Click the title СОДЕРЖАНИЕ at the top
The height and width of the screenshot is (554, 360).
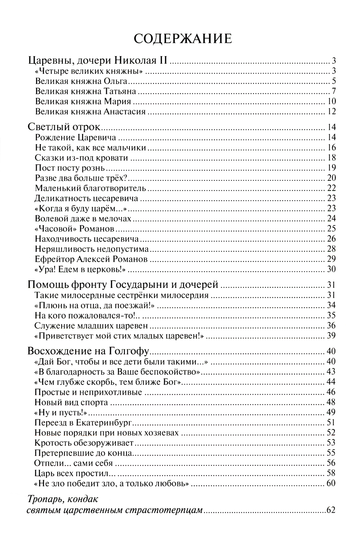point(183,39)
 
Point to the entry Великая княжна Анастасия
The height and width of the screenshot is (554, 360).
point(90,112)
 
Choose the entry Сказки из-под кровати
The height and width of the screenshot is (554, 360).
point(82,158)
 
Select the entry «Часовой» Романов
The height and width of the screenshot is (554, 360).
point(75,229)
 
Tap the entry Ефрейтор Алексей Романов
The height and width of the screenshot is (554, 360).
point(91,259)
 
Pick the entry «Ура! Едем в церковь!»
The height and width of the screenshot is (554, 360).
point(75,269)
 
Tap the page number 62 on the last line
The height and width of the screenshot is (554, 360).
point(331,510)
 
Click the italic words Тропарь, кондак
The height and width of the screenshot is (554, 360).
point(63,500)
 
